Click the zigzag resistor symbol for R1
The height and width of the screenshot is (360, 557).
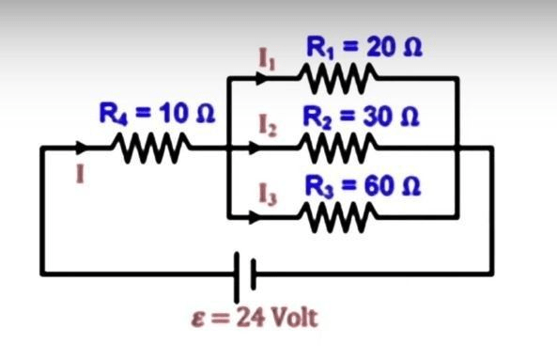338,78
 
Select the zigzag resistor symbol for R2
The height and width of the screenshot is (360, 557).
338,148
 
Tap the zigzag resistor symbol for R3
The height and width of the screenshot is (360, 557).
338,217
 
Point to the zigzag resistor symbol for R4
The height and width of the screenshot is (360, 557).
151,148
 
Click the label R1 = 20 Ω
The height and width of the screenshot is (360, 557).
364,47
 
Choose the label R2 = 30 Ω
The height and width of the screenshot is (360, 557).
361,117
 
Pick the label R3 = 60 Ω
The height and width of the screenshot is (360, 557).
364,186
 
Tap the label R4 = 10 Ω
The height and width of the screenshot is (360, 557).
157,114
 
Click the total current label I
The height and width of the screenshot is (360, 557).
81,174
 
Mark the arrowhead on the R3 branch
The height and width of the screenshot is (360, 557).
255,217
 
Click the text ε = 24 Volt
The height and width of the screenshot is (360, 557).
255,318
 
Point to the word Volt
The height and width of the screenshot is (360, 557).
294,317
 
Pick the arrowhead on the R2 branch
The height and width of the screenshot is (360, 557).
255,148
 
